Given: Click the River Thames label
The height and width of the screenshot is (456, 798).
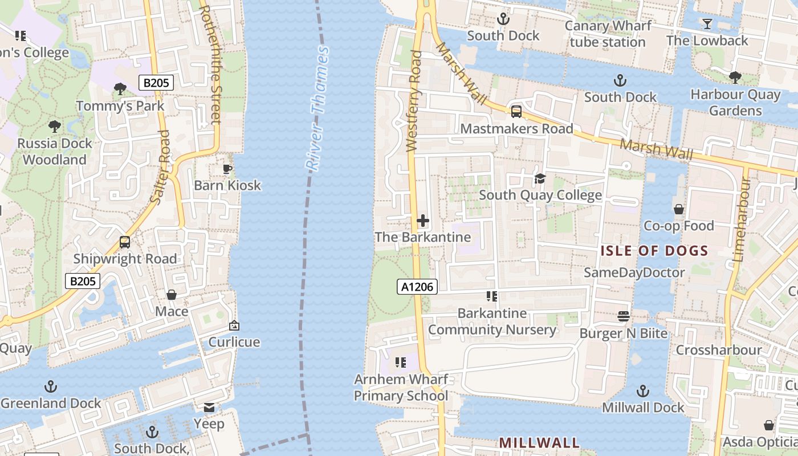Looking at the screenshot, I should [x=317, y=108].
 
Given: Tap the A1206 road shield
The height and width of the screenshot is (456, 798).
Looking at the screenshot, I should [x=417, y=287].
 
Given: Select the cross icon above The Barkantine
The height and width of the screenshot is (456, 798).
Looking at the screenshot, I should [x=423, y=221].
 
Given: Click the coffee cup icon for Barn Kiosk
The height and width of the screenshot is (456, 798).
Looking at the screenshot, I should [x=227, y=169].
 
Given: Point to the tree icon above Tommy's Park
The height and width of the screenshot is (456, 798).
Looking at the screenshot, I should [x=120, y=89].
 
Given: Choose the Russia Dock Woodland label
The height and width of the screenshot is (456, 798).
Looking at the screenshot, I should [x=54, y=152].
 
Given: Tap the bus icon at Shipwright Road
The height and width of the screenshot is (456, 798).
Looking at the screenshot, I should [x=125, y=242].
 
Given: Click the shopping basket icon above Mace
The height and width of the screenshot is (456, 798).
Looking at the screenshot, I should [x=172, y=295].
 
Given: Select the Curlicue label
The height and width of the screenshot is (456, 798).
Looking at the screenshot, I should [x=234, y=342].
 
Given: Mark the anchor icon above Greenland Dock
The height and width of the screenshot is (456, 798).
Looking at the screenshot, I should [x=51, y=386].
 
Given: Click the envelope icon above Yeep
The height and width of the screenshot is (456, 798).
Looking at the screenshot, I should [x=209, y=408].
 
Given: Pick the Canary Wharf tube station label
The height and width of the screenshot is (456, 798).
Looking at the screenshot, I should [x=608, y=34].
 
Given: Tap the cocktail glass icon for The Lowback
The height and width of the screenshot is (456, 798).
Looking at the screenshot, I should [x=707, y=24].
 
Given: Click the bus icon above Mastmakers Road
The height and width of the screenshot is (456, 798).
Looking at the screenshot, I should [x=516, y=112].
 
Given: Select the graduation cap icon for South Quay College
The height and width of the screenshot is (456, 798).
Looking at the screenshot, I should [x=540, y=179].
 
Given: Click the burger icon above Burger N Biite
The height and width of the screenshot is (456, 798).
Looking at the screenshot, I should [x=624, y=316].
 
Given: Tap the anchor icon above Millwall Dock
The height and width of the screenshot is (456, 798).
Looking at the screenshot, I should [x=643, y=391].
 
